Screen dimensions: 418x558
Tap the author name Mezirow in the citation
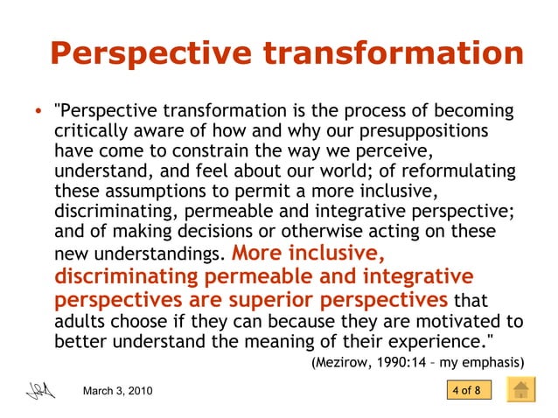pyautogui.click(x=345, y=362)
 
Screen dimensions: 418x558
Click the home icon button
pyautogui.click(x=521, y=390)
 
